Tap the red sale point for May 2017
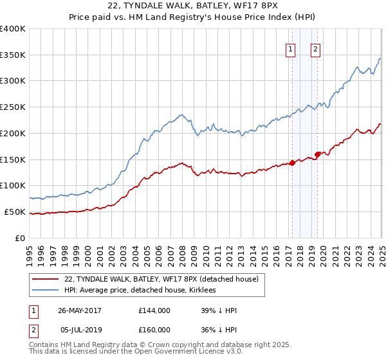pyautogui.click(x=292, y=163)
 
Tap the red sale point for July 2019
pyautogui.click(x=317, y=154)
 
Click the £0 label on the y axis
pyautogui.click(x=20, y=238)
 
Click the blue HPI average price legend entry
pyautogui.click(x=140, y=291)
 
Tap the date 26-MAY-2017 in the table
pyautogui.click(x=80, y=310)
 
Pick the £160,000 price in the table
pyautogui.click(x=154, y=330)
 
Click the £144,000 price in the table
pyautogui.click(x=154, y=310)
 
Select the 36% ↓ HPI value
pyautogui.click(x=219, y=330)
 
